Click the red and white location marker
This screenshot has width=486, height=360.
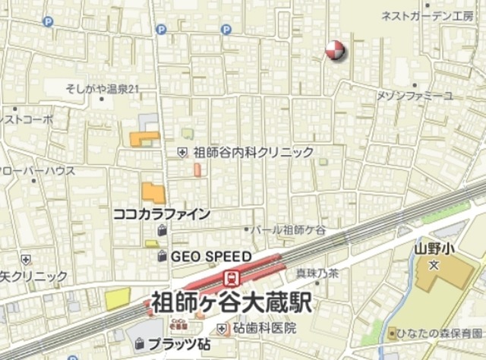click(x=334, y=51)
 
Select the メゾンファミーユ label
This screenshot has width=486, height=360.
click(x=415, y=95)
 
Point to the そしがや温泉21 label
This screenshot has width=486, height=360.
click(x=103, y=90)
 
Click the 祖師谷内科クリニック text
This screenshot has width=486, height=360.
click(x=254, y=152)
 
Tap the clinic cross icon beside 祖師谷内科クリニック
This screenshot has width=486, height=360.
click(x=182, y=152)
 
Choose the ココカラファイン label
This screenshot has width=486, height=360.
click(x=161, y=214)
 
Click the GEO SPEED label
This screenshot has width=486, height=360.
click(x=210, y=256)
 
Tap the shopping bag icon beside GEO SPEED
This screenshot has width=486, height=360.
click(x=162, y=257)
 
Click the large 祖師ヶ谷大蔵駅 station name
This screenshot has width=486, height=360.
click(x=229, y=302)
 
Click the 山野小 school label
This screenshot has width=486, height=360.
click(x=434, y=248)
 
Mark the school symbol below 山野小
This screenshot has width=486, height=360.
click(x=434, y=265)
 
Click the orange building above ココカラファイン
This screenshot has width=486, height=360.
click(x=153, y=193)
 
